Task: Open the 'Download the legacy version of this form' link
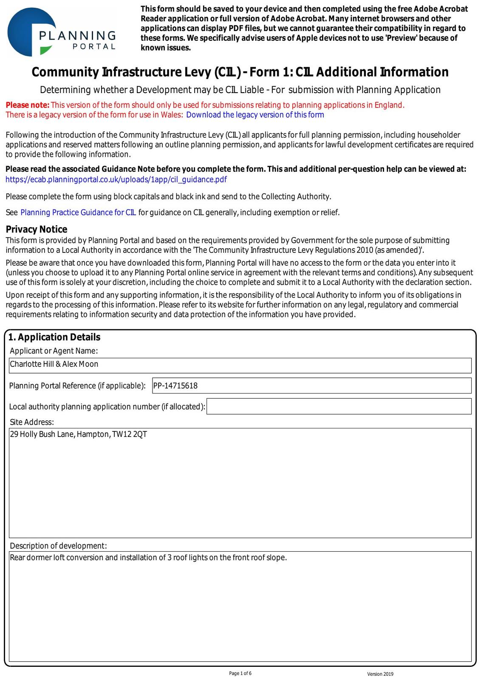[255, 115]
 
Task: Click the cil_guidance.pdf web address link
[116, 179]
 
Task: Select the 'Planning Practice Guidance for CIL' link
[78, 212]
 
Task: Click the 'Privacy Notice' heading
[37, 229]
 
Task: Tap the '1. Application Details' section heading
[54, 337]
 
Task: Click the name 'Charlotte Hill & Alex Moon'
[54, 364]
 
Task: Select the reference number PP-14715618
[175, 386]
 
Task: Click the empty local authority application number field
[339, 406]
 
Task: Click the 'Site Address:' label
[32, 422]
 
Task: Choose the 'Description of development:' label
[58, 546]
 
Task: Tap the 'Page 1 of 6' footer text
[240, 673]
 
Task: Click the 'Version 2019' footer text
[380, 674]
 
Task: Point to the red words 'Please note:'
[28, 105]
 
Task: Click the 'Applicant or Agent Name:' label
[54, 351]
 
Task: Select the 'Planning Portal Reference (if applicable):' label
[77, 386]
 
